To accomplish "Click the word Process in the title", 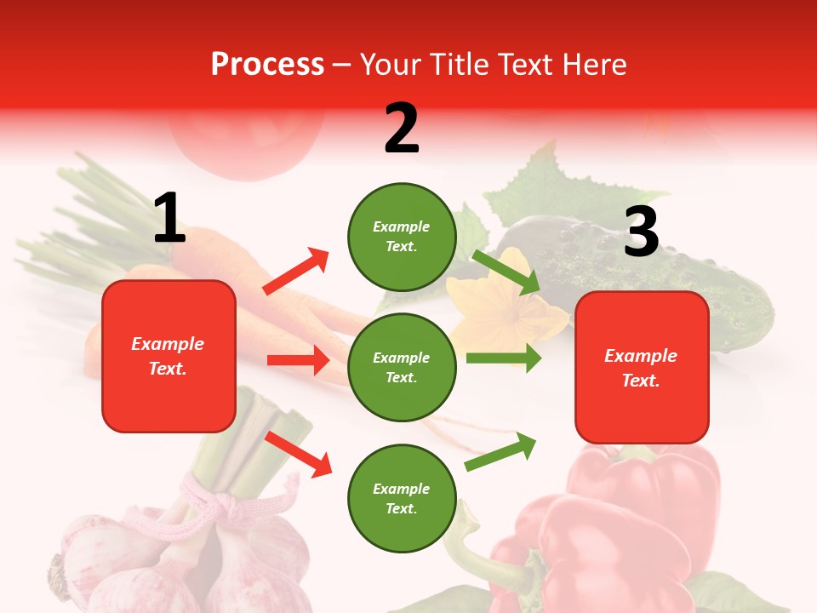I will [x=267, y=65].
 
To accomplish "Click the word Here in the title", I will [x=595, y=65].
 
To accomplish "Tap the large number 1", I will [x=169, y=219].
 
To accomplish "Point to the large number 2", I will [x=402, y=129].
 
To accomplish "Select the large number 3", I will [x=641, y=232].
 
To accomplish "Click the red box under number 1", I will [x=169, y=356].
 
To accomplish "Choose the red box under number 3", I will [x=642, y=368].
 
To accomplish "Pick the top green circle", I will [x=402, y=237].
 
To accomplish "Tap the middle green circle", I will [x=402, y=367].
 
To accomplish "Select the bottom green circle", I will [x=402, y=498].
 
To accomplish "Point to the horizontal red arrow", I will [x=298, y=360].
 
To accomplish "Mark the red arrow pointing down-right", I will [x=299, y=454].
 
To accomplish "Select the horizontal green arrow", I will [x=503, y=358].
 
